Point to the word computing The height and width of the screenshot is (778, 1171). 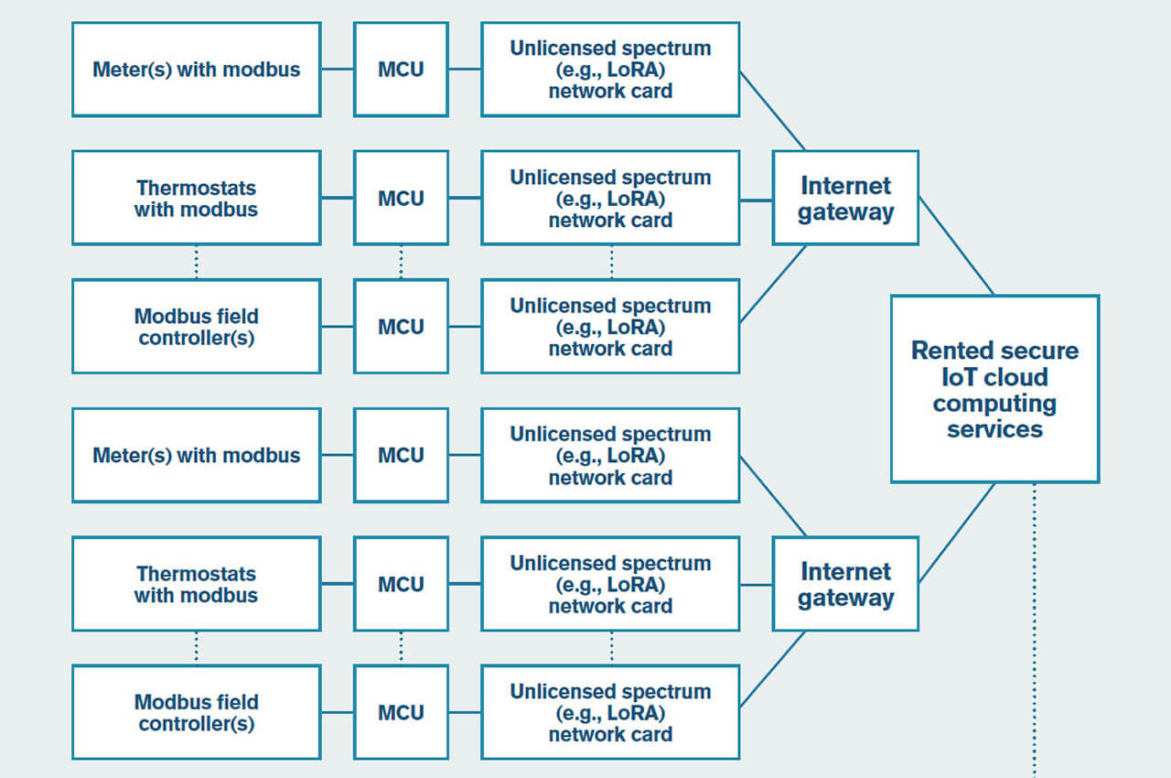994,405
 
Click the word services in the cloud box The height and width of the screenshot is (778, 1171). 994,429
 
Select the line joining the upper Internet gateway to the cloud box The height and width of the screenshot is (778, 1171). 956,245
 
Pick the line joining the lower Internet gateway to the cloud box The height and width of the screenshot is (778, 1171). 957,533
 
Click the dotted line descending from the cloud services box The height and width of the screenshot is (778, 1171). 1035,630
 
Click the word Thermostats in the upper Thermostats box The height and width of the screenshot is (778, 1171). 197,188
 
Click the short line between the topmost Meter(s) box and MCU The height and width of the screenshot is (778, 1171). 338,69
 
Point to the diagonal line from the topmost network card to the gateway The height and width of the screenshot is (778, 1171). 773,111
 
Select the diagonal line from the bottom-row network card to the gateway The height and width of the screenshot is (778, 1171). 773,669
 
